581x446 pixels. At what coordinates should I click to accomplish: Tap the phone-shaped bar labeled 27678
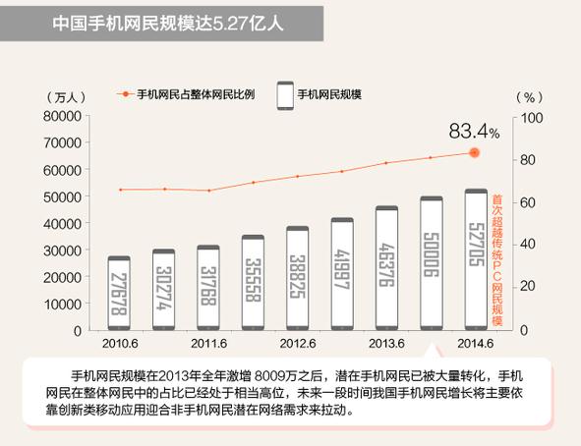pos(119,294)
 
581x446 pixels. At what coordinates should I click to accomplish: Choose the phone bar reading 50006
pos(431,263)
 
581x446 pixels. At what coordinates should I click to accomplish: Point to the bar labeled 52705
pos(475,259)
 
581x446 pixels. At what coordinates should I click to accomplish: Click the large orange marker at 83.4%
pos(475,152)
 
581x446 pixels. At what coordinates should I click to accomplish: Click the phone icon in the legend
pos(286,95)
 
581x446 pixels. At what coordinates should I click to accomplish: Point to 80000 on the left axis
pos(61,116)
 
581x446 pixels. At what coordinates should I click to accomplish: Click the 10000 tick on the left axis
pos(61,304)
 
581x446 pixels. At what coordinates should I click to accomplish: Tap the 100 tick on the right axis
pos(530,117)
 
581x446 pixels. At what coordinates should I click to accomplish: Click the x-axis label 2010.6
pos(119,343)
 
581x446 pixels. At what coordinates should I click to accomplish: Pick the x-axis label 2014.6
pos(475,343)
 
